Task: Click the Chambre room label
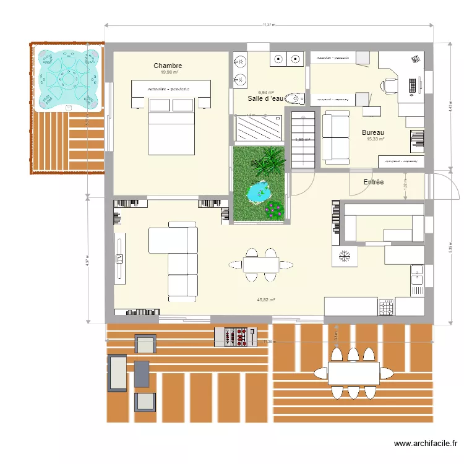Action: [168, 66]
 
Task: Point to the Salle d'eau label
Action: [265, 98]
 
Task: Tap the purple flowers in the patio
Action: [273, 210]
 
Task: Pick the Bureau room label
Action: [373, 133]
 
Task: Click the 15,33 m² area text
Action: [375, 140]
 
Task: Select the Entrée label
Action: [373, 182]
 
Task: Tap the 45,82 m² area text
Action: [265, 299]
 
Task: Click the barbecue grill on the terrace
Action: [235, 337]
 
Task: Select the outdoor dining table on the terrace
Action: [353, 373]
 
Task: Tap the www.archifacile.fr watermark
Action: [426, 444]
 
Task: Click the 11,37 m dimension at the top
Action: [269, 25]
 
